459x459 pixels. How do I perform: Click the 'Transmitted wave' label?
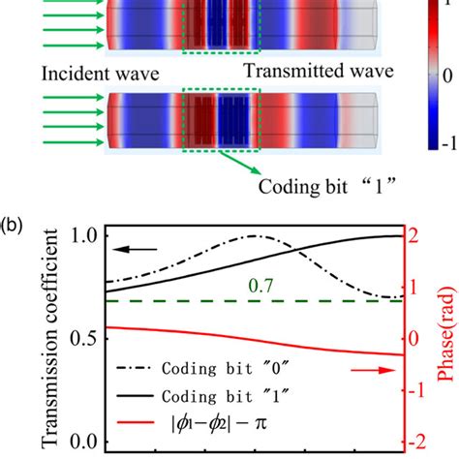(x=307, y=72)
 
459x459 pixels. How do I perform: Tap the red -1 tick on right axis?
(x=413, y=391)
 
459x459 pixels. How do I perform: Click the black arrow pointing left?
(x=136, y=251)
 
